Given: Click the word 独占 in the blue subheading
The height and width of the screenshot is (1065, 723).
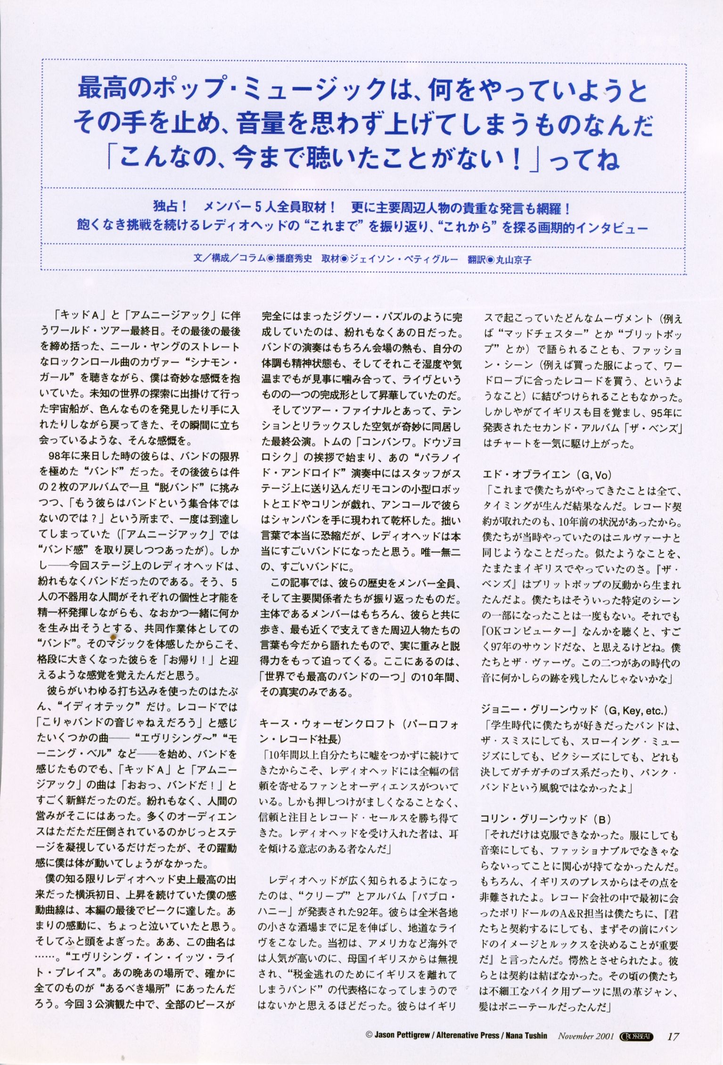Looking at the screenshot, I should pyautogui.click(x=164, y=207).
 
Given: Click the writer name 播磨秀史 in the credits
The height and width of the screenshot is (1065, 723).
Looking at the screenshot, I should pyautogui.click(x=294, y=259).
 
